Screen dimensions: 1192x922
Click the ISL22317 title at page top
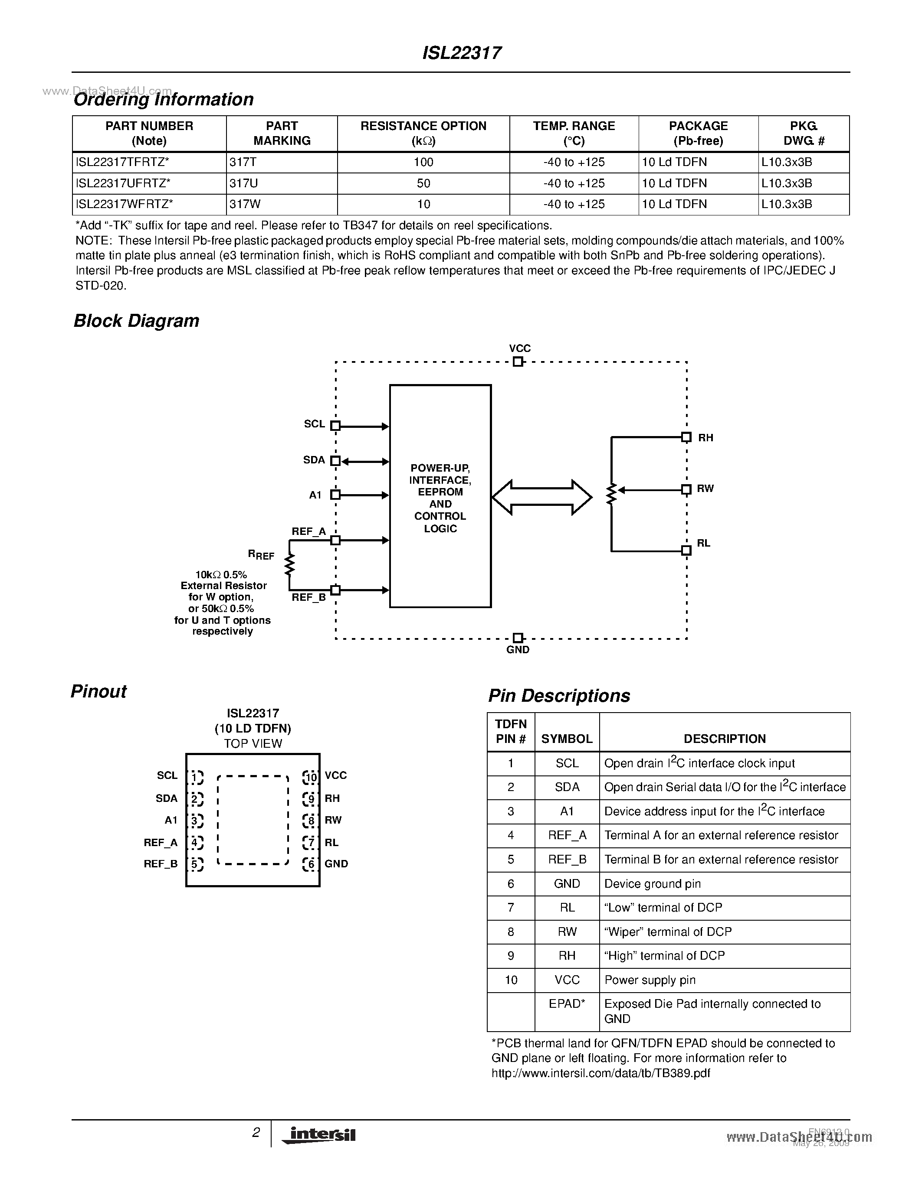(x=462, y=53)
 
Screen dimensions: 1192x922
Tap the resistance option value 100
(x=423, y=162)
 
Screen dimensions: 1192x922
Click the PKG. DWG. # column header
(x=804, y=133)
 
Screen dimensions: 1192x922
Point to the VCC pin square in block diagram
(x=518, y=362)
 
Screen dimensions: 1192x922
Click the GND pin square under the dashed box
(x=518, y=638)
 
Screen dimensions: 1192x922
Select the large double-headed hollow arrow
(x=541, y=497)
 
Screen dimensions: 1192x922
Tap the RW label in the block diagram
(x=705, y=489)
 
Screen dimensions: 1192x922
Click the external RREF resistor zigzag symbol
(x=289, y=565)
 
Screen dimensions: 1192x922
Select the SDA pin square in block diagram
(x=335, y=461)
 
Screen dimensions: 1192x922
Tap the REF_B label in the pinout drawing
(x=161, y=864)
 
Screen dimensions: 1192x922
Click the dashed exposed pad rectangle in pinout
(x=253, y=820)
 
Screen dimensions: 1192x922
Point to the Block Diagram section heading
(x=137, y=321)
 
